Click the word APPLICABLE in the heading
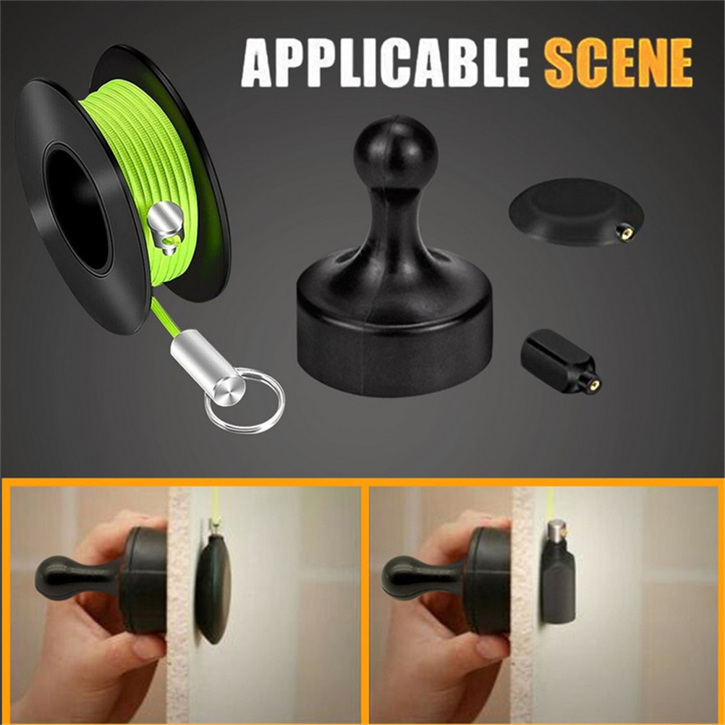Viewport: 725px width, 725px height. point(385,63)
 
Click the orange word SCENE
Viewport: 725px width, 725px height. point(618,63)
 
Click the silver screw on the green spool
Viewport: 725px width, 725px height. point(164,226)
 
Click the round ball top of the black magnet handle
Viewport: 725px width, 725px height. point(395,150)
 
